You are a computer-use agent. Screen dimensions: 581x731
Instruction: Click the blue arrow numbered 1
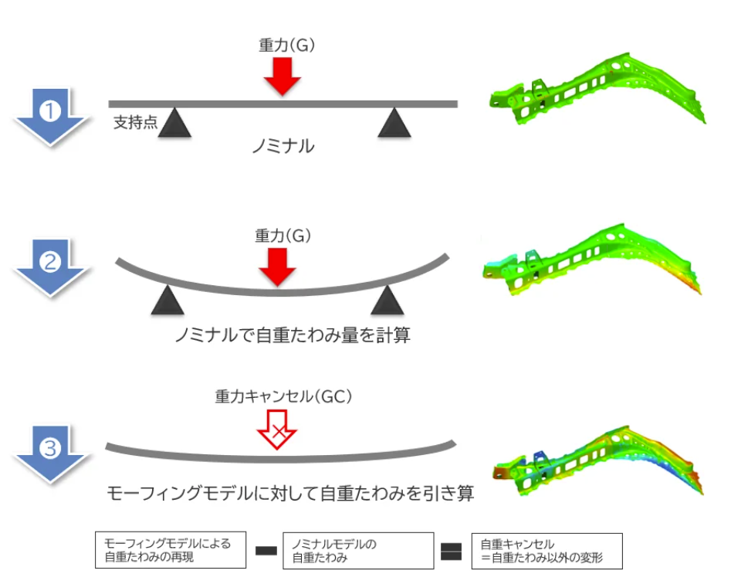point(50,114)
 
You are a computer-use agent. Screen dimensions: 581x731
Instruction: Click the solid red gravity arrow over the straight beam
point(282,76)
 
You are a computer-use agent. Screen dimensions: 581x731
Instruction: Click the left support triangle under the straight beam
point(174,123)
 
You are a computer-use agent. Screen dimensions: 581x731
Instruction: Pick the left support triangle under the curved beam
point(168,301)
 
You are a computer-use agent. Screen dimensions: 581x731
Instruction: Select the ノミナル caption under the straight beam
point(283,146)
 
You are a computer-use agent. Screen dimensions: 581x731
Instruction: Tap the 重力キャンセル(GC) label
point(283,397)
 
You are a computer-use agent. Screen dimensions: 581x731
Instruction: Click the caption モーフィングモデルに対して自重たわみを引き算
point(289,493)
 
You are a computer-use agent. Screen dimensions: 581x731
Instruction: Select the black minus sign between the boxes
point(266,552)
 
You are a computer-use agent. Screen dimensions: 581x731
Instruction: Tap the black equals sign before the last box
point(452,552)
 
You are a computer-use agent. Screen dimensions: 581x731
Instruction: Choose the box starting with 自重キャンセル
point(546,551)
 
